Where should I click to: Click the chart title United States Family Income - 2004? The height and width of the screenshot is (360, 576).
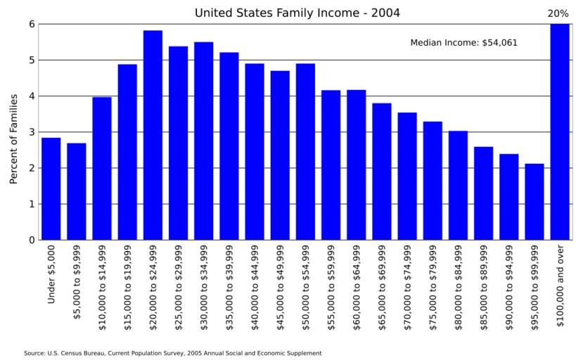[297, 13]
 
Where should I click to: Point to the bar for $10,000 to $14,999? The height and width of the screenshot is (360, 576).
[102, 168]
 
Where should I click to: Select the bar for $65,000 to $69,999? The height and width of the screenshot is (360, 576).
[382, 172]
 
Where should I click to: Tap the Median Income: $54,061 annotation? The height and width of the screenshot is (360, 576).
[463, 43]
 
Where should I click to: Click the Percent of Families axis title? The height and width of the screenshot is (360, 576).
[13, 139]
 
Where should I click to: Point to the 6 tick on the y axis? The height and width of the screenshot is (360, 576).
[31, 24]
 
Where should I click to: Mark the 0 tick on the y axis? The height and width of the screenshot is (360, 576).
[31, 240]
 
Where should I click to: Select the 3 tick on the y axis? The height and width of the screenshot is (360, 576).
[31, 132]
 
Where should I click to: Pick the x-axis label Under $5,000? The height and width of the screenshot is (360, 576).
[51, 275]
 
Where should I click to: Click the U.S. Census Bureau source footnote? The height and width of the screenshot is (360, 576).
[172, 353]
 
